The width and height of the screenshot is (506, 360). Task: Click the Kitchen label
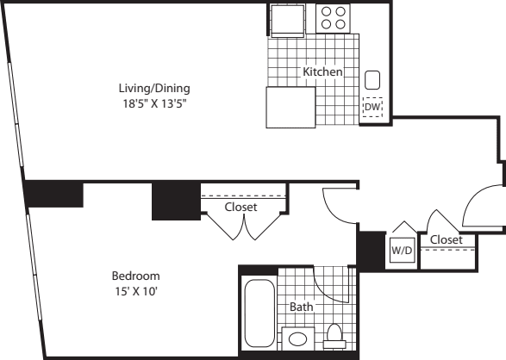pos(322,71)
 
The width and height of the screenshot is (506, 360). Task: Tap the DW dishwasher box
pos(372,107)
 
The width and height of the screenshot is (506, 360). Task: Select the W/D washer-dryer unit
pos(402,250)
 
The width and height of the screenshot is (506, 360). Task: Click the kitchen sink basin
pos(372,80)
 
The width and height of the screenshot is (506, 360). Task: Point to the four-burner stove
pos(333,18)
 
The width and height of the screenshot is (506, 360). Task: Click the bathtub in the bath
pos(259,313)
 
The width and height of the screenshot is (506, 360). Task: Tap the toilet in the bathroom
pos(334,336)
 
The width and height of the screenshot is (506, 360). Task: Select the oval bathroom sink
pos(297,339)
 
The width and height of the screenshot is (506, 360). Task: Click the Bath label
pos(302,307)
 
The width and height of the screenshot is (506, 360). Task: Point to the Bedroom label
pos(136,276)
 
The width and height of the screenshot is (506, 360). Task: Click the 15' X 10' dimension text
pos(136,291)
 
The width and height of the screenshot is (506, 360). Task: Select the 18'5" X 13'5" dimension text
pos(155,103)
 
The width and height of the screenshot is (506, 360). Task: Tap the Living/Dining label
pos(154,89)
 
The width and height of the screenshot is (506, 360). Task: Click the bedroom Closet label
pos(241,207)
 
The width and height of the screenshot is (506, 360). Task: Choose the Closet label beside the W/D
pos(447,239)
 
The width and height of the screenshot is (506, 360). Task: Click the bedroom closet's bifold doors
pos(244,227)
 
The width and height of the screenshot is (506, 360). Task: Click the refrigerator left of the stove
pos(288,21)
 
